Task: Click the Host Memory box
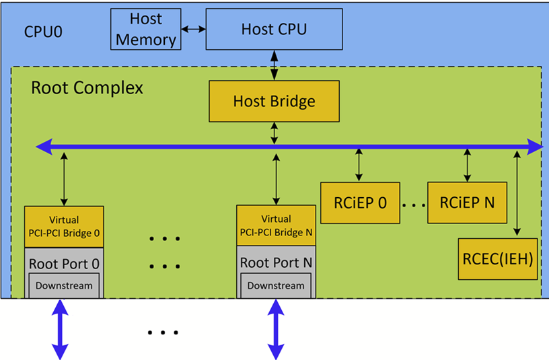click(145, 30)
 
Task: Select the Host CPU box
click(274, 30)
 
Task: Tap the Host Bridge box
click(274, 102)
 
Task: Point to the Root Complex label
click(87, 88)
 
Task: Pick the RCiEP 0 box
click(360, 203)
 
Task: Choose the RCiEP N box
click(467, 203)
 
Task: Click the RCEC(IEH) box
click(499, 258)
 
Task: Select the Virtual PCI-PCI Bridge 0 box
click(64, 226)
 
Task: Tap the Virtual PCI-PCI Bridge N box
click(276, 226)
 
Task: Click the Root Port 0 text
click(64, 262)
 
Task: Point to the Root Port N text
click(276, 262)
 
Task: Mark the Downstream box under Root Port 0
click(64, 285)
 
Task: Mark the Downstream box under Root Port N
click(276, 285)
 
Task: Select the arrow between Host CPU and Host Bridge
click(274, 65)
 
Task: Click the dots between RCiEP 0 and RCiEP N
click(413, 203)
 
